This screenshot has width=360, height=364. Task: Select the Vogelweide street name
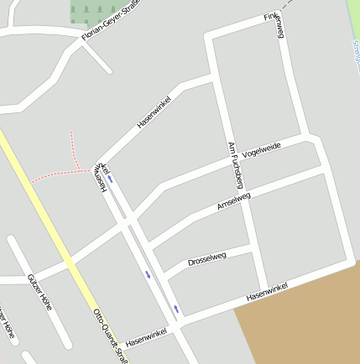[261, 150]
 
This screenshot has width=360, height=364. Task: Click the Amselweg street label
[233, 202]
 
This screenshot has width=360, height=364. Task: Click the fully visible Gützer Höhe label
[39, 293]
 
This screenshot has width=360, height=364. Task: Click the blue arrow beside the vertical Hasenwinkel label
[110, 179]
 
